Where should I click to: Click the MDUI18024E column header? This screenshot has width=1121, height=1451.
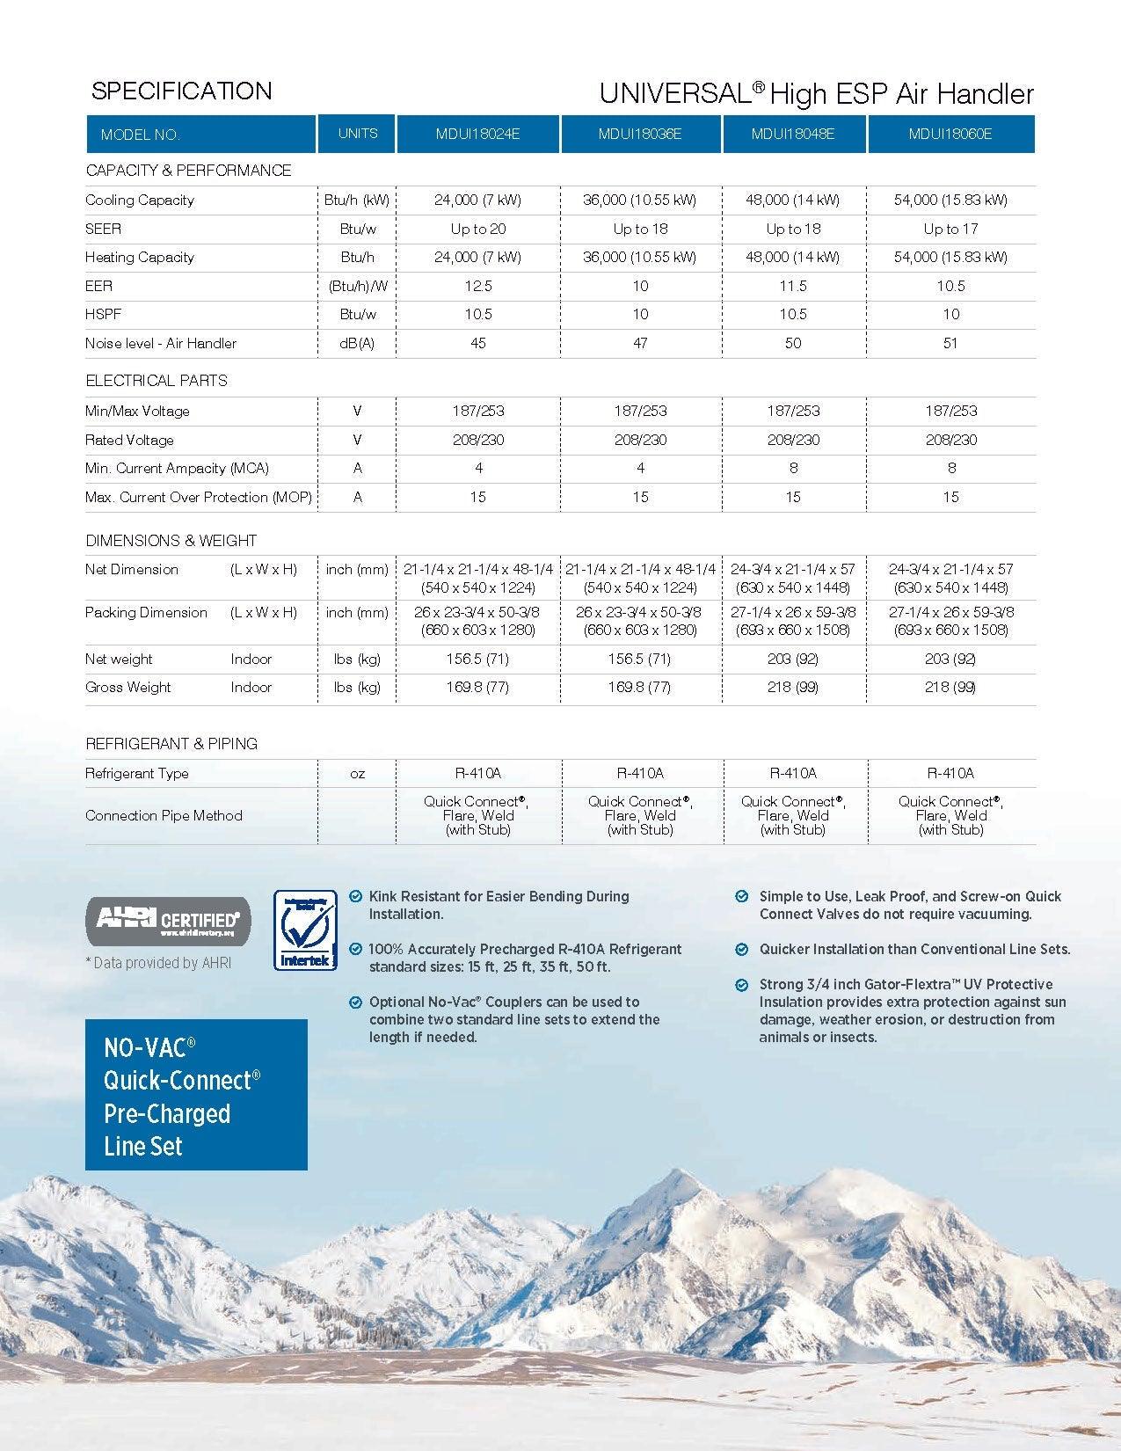[478, 134]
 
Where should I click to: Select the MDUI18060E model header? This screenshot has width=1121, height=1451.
[950, 134]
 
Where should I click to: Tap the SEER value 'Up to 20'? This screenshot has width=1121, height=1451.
[478, 229]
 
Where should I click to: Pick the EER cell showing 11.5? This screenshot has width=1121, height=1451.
[793, 286]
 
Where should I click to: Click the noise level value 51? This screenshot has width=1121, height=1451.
[950, 343]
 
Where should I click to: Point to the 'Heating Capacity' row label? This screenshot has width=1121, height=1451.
[140, 257]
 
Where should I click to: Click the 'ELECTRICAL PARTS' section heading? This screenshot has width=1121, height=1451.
[157, 380]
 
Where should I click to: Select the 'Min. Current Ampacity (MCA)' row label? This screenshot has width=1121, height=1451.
[177, 468]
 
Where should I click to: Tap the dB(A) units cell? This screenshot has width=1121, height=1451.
[357, 343]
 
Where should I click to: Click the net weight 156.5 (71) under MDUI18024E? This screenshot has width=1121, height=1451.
[478, 659]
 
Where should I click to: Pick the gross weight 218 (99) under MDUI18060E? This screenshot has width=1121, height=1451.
[950, 687]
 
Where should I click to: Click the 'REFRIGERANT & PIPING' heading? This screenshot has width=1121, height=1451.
[171, 743]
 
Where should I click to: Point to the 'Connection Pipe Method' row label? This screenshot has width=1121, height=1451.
[164, 815]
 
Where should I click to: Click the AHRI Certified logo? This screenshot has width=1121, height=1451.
[168, 921]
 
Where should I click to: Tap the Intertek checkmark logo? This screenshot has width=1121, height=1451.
[305, 930]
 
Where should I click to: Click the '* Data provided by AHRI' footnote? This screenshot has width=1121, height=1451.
[158, 963]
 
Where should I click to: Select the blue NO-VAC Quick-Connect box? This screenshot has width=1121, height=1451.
[196, 1095]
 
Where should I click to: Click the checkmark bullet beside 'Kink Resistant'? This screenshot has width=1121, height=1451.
[355, 896]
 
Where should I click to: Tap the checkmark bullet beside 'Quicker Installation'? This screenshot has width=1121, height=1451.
[742, 949]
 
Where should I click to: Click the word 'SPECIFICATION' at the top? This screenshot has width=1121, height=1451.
[182, 91]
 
